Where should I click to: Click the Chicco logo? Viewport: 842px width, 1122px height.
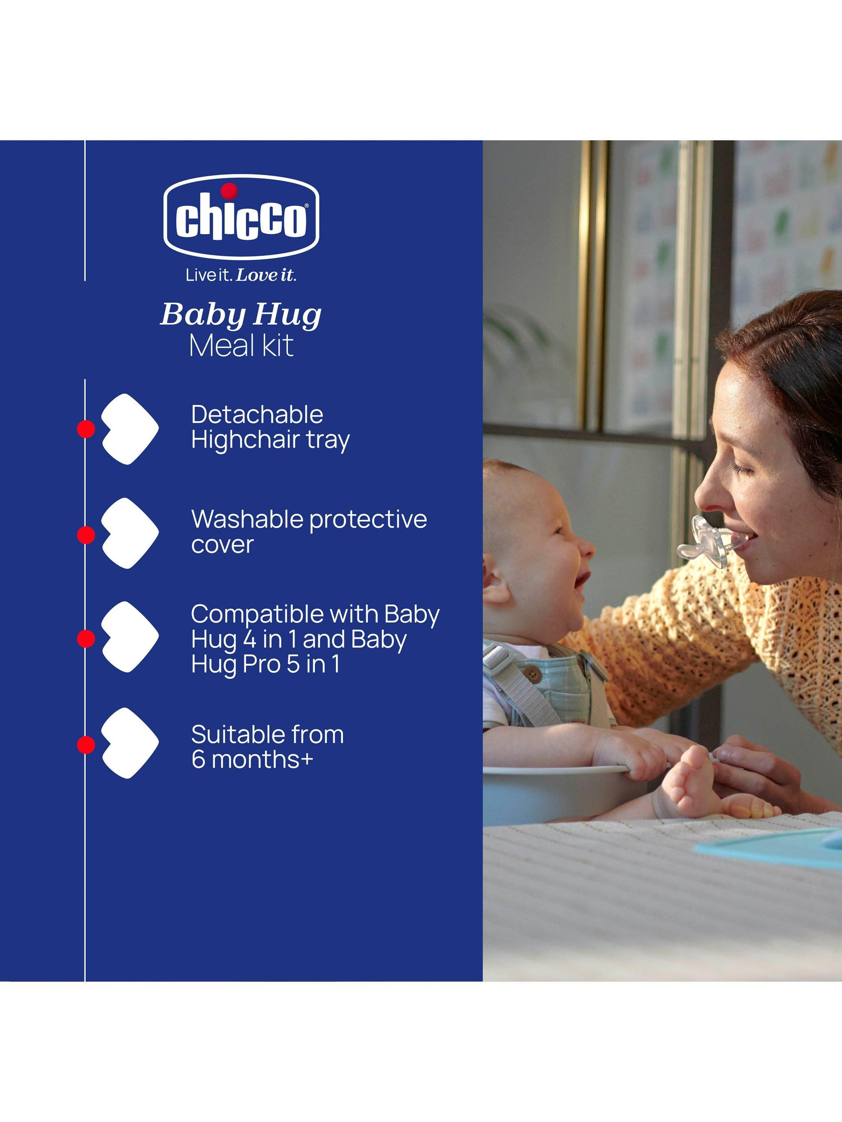[241, 217]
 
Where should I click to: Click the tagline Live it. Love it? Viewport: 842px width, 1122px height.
[241, 275]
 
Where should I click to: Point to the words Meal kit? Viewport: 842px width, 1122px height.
[241, 346]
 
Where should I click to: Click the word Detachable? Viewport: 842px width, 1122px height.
[257, 414]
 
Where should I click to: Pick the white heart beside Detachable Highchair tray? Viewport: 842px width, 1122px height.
[130, 429]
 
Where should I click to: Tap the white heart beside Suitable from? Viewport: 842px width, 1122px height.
[130, 743]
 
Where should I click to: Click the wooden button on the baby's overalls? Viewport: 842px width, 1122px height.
[531, 673]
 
